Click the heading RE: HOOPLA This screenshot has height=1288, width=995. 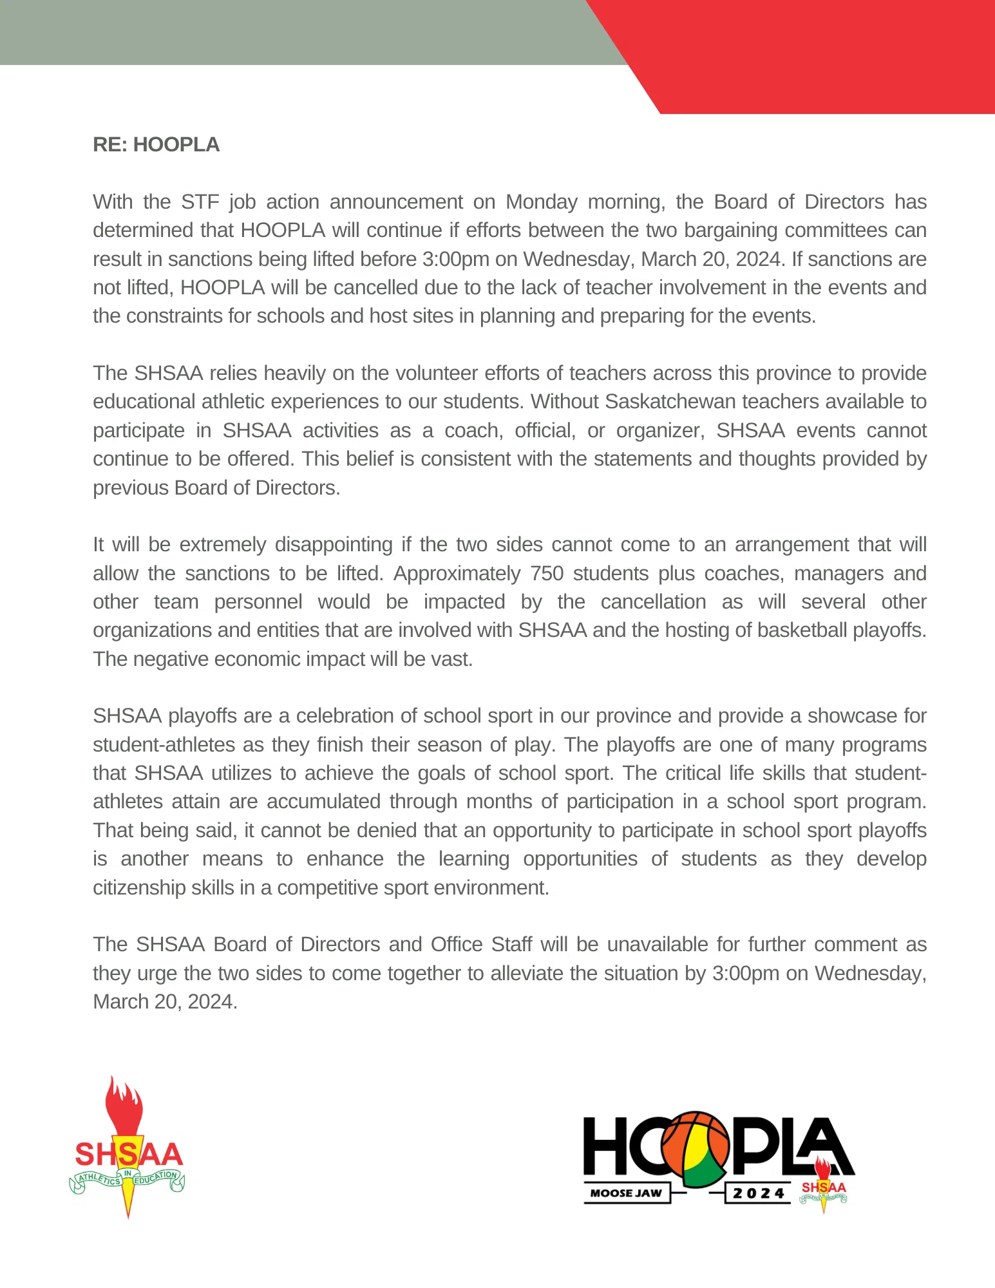pos(156,145)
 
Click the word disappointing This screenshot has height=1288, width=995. pos(334,545)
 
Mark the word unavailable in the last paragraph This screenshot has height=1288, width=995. pos(657,945)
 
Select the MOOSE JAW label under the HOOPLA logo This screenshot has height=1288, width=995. pos(626,1193)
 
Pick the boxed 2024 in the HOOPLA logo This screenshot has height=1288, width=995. pos(758,1193)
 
